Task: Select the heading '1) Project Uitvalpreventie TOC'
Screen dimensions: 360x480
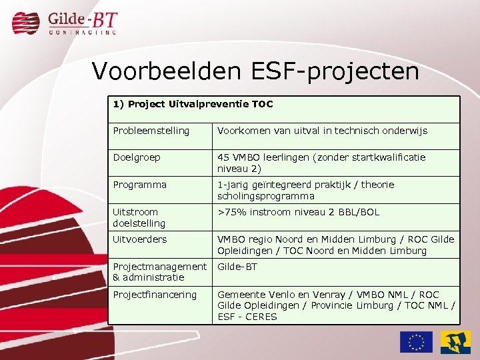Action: pyautogui.click(x=193, y=104)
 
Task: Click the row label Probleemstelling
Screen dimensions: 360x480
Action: pyautogui.click(x=151, y=131)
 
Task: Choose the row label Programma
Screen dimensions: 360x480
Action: pyautogui.click(x=139, y=185)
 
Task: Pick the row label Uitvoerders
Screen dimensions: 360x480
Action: pyautogui.click(x=140, y=239)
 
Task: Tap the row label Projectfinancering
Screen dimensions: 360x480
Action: pyautogui.click(x=155, y=295)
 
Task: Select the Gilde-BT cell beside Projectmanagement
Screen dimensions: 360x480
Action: pyautogui.click(x=238, y=267)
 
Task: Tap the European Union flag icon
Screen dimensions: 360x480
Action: pyautogui.click(x=416, y=342)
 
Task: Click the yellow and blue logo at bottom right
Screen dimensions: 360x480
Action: pyautogui.click(x=455, y=342)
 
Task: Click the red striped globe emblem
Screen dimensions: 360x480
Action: pyautogui.click(x=26, y=23)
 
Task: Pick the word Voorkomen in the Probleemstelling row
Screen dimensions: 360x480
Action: pyautogui.click(x=241, y=131)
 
